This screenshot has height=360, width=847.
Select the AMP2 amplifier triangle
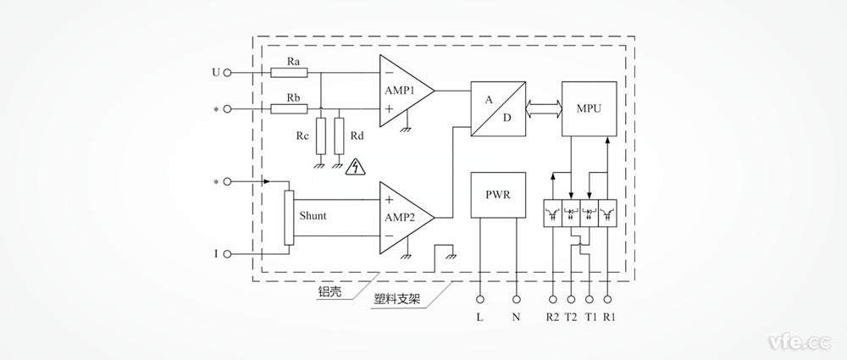pos(403,216)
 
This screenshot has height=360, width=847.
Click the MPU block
pos(590,108)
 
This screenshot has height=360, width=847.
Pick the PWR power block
pos(498,193)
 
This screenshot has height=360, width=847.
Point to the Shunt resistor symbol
pos(289,218)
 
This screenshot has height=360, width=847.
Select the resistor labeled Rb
pos(284,108)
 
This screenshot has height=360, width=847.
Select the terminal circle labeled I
pos(228,253)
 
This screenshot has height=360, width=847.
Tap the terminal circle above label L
pos(480,299)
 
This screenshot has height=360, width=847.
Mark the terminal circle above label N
pos(517,299)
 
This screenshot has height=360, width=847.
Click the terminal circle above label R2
pos(553,299)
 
